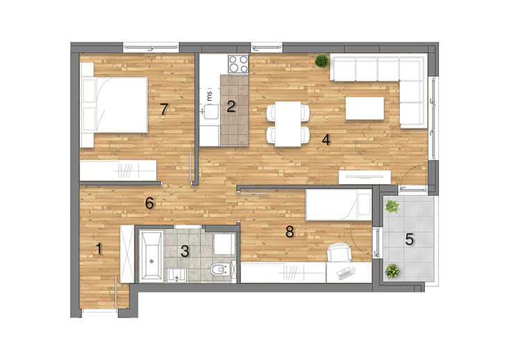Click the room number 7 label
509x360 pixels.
pyautogui.click(x=165, y=109)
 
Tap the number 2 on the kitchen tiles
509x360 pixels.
pyautogui.click(x=231, y=106)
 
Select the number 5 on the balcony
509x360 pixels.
pyautogui.click(x=409, y=240)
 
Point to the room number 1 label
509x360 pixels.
pyautogui.click(x=99, y=249)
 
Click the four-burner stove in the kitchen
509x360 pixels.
pyautogui.click(x=238, y=64)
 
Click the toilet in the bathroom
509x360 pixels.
pyautogui.click(x=220, y=269)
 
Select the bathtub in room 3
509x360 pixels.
pyautogui.click(x=151, y=256)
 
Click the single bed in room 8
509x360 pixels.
pyautogui.click(x=339, y=205)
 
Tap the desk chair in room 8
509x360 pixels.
pyautogui.click(x=339, y=252)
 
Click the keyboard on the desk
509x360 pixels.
pyautogui.click(x=345, y=273)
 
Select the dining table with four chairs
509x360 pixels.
pyautogui.click(x=288, y=124)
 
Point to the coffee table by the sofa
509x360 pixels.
pyautogui.click(x=365, y=108)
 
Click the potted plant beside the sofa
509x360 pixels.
pyautogui.click(x=322, y=61)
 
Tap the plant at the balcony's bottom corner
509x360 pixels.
pyautogui.click(x=392, y=270)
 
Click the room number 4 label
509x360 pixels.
pyautogui.click(x=326, y=140)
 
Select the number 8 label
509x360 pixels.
pyautogui.click(x=290, y=231)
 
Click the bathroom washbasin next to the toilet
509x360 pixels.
pyautogui.click(x=176, y=275)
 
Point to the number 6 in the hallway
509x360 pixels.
pyautogui.click(x=149, y=203)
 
